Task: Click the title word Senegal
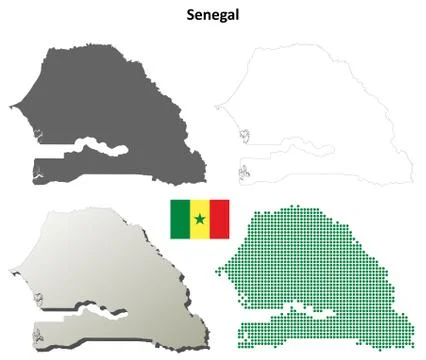(x=212, y=15)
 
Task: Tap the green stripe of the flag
(x=178, y=218)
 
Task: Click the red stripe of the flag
(x=219, y=218)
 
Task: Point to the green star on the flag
(x=199, y=219)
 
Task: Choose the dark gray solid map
(x=110, y=100)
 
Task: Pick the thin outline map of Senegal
(x=320, y=100)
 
